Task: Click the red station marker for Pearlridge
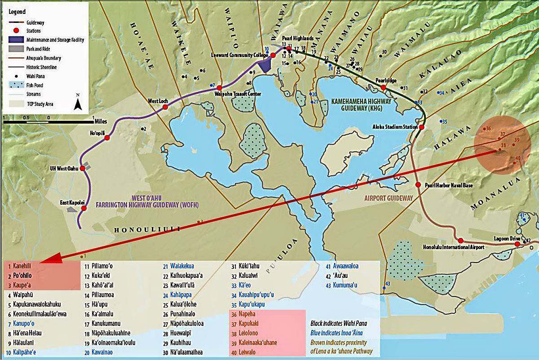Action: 383,88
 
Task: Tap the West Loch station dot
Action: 165,107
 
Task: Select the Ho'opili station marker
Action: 107,137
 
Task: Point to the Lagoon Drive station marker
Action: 517,244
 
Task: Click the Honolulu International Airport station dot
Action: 460,241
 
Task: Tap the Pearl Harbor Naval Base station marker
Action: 418,185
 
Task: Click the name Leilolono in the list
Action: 246,334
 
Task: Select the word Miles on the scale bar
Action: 102,118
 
